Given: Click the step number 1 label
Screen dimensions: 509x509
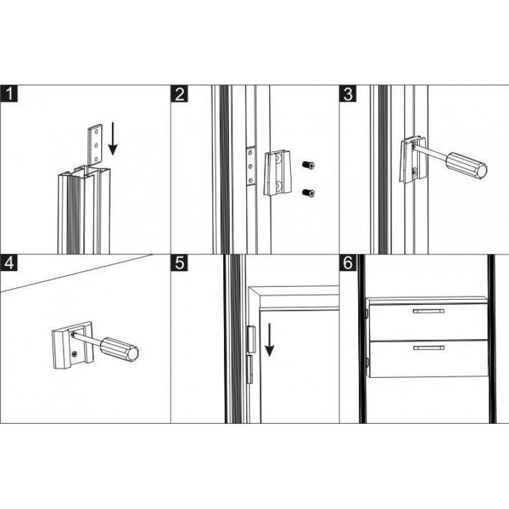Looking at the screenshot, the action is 9,94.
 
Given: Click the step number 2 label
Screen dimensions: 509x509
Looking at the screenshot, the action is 179,94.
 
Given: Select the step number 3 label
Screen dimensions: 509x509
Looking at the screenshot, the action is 347,94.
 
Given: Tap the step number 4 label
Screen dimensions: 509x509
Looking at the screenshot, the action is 9,263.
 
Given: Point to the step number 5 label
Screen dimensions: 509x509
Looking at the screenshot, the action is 179,263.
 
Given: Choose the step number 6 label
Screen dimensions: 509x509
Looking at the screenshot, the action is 347,263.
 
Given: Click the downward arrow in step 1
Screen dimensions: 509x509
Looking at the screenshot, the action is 113,138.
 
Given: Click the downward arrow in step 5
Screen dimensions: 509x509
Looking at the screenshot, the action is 269,340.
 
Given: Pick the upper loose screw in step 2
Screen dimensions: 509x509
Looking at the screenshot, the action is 309,165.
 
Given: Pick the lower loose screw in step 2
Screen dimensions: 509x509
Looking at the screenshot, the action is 309,193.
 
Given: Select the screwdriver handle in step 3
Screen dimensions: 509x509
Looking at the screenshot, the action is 466,165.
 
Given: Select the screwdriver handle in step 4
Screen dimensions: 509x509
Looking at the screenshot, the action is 119,349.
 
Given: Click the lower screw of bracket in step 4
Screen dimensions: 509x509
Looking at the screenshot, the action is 75,354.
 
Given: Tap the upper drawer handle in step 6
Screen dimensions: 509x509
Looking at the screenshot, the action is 428,311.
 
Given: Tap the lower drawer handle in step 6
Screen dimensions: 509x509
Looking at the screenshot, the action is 428,347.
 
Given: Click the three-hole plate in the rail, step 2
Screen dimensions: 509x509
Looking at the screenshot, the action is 250,166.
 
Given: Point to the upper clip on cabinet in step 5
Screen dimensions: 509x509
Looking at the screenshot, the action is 251,339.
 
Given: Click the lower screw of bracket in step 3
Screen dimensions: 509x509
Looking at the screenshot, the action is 415,171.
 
